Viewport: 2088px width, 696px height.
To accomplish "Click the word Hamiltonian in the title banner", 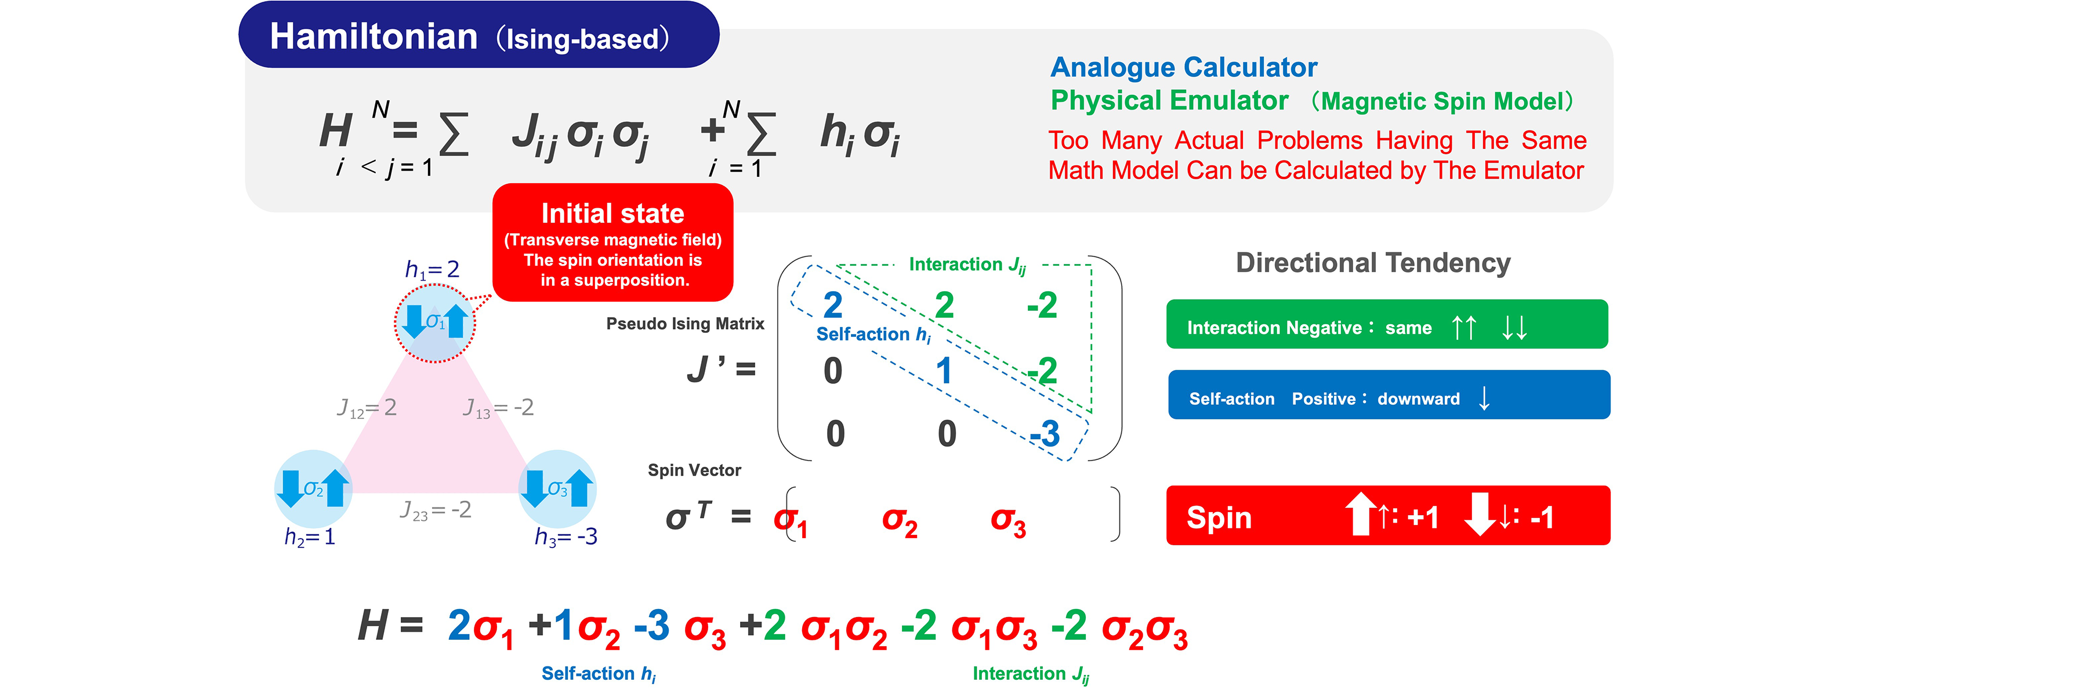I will tap(374, 37).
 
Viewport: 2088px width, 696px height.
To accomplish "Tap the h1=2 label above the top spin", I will tap(432, 269).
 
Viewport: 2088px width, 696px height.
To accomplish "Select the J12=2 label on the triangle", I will tap(367, 408).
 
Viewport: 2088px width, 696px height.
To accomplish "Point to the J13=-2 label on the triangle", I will tap(498, 408).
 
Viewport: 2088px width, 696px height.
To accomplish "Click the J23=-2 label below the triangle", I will tap(435, 510).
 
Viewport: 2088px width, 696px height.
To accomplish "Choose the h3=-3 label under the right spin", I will tap(565, 536).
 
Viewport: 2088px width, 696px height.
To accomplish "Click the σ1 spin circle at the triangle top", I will tap(435, 322).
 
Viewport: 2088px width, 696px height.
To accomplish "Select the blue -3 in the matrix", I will tap(1046, 433).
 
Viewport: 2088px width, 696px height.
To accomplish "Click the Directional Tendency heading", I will tap(1373, 263).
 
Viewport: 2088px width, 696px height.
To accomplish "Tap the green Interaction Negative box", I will tap(1386, 325).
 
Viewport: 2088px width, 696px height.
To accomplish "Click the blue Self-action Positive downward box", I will tap(1389, 396).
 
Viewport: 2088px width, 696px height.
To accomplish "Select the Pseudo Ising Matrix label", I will tap(685, 323).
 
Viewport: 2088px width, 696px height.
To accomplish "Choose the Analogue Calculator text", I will tap(1183, 67).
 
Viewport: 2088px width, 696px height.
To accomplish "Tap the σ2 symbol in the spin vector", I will tap(900, 521).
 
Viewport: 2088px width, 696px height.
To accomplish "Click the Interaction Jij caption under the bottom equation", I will tap(1030, 673).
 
